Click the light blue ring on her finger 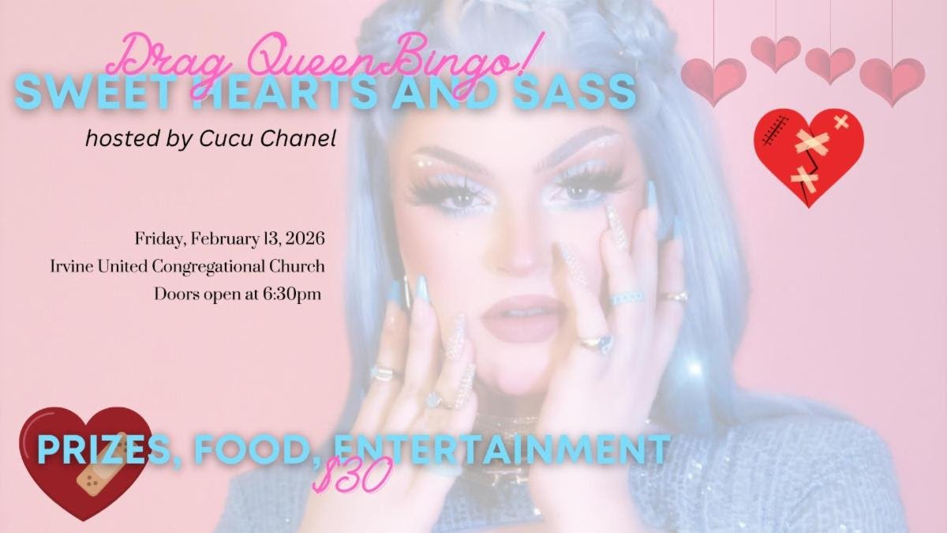627,298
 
